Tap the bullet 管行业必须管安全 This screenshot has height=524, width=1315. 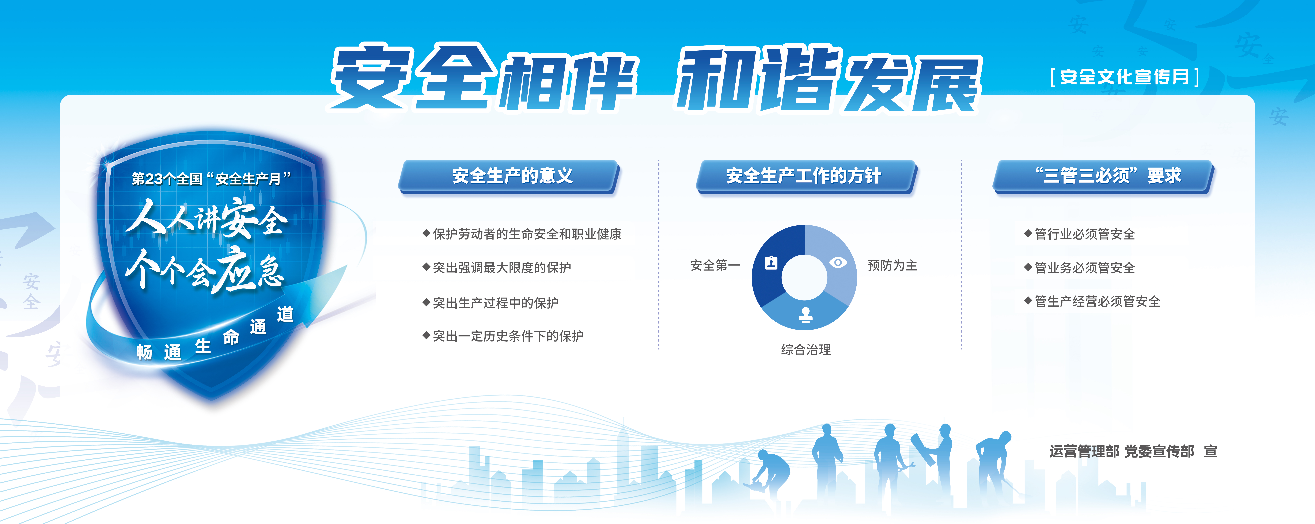click(x=1080, y=234)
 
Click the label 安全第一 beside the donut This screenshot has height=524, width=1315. click(x=715, y=265)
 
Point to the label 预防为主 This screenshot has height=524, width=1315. click(x=892, y=265)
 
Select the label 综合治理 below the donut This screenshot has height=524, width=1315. click(x=806, y=349)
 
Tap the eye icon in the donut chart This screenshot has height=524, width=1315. click(x=838, y=262)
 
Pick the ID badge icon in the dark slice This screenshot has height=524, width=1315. click(x=771, y=262)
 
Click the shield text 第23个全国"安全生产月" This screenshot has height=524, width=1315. click(x=211, y=179)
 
